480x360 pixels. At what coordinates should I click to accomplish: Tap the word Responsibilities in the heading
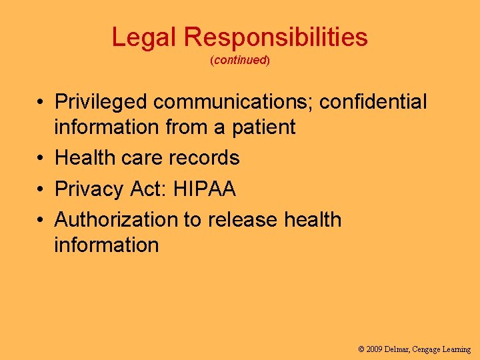(276, 37)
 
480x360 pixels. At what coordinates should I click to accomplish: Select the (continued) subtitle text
(239, 60)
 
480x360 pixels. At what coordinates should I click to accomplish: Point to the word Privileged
(101, 102)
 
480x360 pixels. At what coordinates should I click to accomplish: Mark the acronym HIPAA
(204, 189)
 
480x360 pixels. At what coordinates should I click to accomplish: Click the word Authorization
(117, 220)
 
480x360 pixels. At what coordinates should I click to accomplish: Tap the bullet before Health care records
(41, 159)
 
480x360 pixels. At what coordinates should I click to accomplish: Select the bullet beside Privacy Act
(41, 190)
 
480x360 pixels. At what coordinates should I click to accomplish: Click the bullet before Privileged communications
(41, 103)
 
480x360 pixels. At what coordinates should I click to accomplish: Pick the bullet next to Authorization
(41, 221)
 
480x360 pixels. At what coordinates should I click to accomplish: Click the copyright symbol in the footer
(361, 349)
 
